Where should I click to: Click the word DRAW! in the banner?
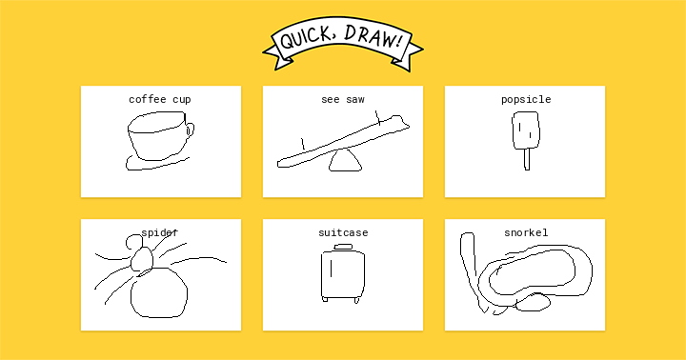coord(373,37)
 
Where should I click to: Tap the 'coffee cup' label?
coord(160,99)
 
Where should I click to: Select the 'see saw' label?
coord(343,99)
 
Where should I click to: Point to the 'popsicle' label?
coord(526,99)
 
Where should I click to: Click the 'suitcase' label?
coord(343,232)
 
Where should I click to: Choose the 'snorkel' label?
coord(526,232)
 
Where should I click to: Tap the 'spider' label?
coord(160,232)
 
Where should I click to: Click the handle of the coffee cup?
coord(191,130)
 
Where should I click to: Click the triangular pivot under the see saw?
coord(345,161)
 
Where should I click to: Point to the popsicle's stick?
coord(527,159)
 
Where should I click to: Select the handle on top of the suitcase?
coord(343,248)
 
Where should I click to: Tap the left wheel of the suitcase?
coord(325,300)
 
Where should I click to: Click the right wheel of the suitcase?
coord(357,300)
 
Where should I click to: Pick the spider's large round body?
coord(159,292)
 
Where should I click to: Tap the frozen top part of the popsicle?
coord(525,130)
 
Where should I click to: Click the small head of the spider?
coord(142,259)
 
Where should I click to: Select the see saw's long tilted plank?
coord(343,141)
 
